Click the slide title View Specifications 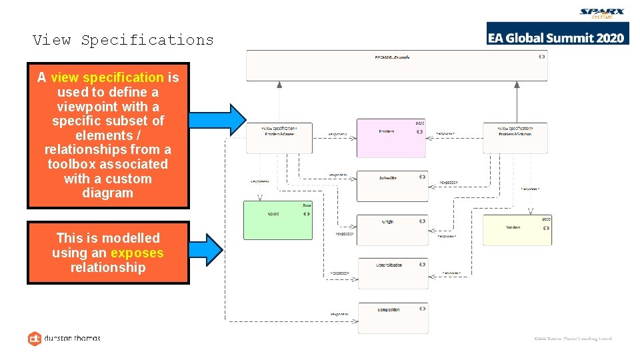click(123, 40)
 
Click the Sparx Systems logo click(602, 14)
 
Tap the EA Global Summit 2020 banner click(557, 37)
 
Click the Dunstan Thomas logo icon click(35, 339)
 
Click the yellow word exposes click(137, 253)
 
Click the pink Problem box click(391, 138)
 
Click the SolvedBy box click(392, 186)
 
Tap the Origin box click(392, 229)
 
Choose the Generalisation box click(392, 273)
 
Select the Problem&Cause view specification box click(280, 138)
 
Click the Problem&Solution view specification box click(515, 138)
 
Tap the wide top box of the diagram click(397, 65)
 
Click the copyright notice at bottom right click(573, 339)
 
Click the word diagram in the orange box click(108, 193)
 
